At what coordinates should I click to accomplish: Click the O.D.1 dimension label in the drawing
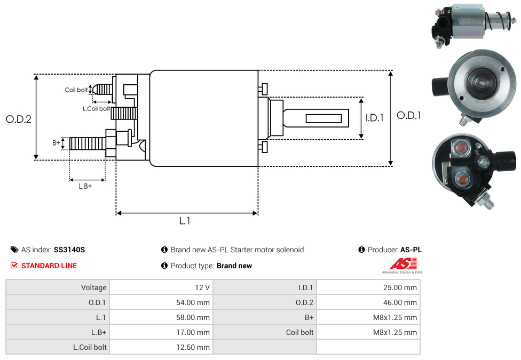(x=409, y=115)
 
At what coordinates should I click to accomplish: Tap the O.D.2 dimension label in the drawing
(x=19, y=119)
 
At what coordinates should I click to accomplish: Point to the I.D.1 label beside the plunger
(x=374, y=118)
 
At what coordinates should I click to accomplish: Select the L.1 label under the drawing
(x=185, y=221)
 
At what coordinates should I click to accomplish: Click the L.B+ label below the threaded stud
(x=85, y=186)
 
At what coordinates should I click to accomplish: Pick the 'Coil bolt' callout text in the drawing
(x=76, y=90)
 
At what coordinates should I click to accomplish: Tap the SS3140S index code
(x=69, y=250)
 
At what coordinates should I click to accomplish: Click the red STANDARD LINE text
(x=49, y=266)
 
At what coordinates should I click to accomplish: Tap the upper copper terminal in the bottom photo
(x=460, y=149)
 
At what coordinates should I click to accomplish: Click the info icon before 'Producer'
(x=362, y=250)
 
